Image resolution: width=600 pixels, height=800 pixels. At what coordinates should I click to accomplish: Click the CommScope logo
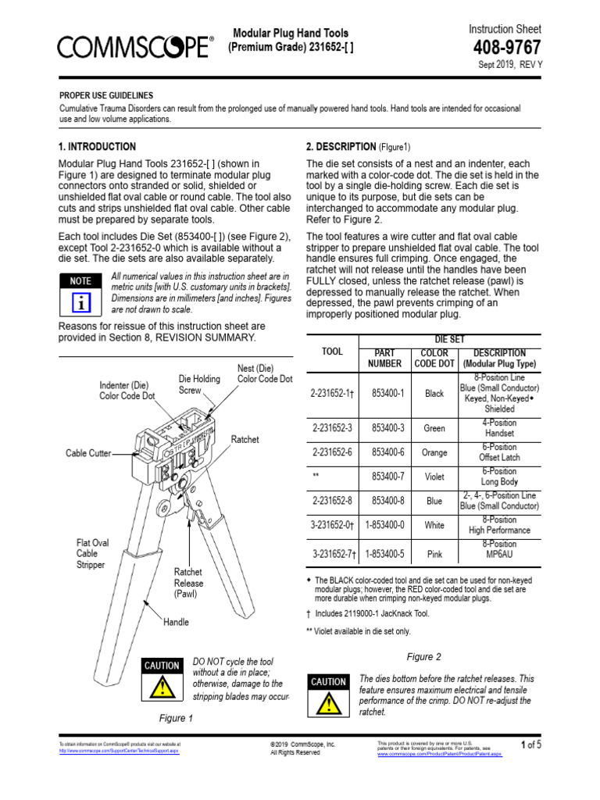point(134,48)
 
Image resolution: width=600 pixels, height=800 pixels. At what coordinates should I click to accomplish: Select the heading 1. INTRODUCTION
point(97,147)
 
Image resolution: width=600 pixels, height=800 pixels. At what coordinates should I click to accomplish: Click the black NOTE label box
point(80,280)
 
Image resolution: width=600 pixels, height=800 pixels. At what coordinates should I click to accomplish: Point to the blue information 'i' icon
point(80,302)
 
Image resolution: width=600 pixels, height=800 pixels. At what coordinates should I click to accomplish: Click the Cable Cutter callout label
point(87,453)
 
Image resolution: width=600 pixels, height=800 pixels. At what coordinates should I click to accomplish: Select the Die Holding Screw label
point(200,384)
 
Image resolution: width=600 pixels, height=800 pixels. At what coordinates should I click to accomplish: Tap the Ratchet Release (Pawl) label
point(188,583)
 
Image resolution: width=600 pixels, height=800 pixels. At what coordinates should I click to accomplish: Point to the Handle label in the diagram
point(176,623)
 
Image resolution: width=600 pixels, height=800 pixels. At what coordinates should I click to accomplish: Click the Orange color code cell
point(434,452)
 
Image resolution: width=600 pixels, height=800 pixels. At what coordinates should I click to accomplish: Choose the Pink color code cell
point(434,555)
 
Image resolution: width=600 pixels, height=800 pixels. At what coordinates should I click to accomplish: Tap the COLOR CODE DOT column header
point(434,358)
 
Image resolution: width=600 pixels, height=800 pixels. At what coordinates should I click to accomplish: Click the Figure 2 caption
point(423,656)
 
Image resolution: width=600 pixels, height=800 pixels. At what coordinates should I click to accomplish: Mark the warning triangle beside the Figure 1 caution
point(162,687)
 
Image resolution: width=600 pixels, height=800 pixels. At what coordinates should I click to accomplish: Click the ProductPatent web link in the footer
point(439,755)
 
